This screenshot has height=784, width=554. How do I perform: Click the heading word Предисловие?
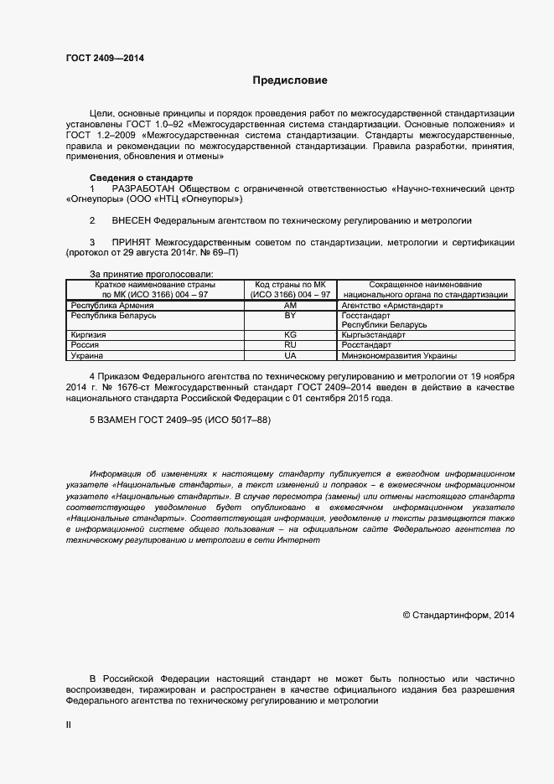(291, 81)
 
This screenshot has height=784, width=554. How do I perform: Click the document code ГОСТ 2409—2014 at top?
(105, 57)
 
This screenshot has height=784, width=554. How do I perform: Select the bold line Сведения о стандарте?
(141, 178)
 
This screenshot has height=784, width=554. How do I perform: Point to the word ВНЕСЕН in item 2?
(132, 221)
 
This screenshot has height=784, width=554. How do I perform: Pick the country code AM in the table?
(291, 306)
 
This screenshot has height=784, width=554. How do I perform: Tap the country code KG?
(291, 334)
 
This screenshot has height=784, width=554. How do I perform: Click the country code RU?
(291, 344)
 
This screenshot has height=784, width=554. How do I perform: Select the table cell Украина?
(87, 355)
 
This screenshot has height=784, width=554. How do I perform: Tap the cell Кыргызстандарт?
(374, 334)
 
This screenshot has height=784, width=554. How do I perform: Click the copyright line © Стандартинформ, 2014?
(458, 615)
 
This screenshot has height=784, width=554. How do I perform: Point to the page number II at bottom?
(69, 725)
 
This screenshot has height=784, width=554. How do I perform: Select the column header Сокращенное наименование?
(425, 285)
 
